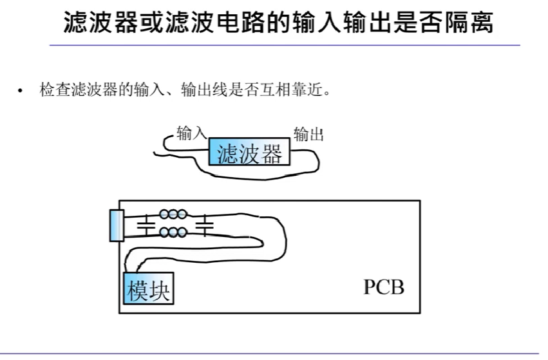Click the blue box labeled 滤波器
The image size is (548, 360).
click(250, 153)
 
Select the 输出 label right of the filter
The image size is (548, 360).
click(308, 135)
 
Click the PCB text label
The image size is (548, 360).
click(384, 287)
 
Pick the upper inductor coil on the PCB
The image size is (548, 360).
click(173, 213)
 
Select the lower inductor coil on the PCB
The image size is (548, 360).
click(173, 232)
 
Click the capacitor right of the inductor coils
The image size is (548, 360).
click(205, 225)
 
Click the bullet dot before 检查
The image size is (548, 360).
click(21, 91)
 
